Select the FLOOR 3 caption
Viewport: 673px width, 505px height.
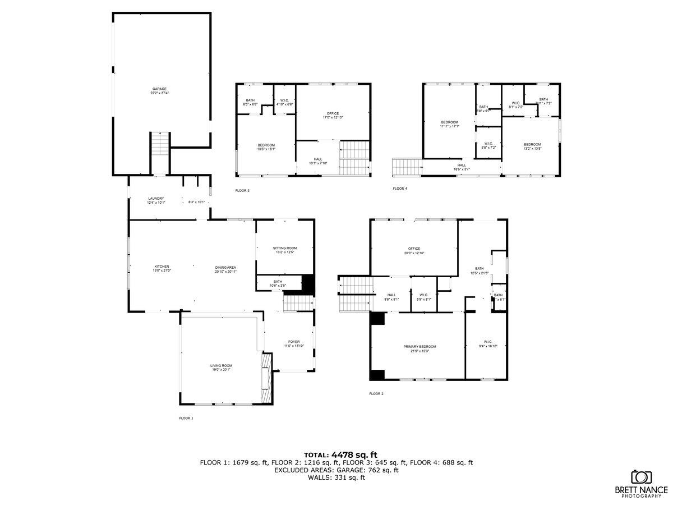point(242,191)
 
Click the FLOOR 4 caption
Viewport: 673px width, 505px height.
point(400,189)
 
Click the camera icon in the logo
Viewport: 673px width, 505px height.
point(641,477)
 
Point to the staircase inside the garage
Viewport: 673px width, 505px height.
point(160,144)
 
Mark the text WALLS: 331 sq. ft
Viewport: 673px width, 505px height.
point(336,478)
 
